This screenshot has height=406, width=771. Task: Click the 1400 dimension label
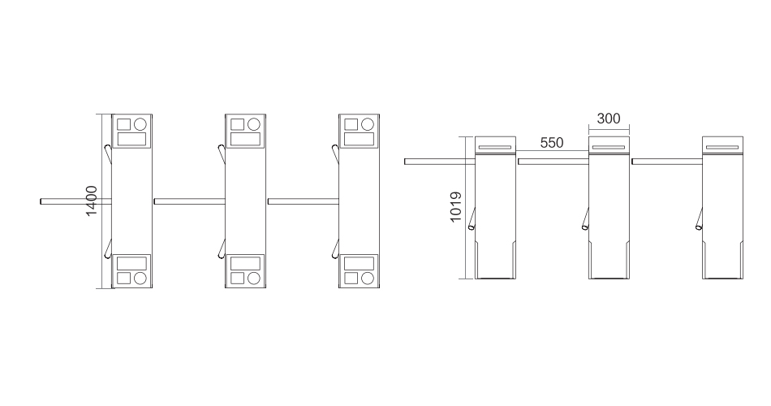[92, 201]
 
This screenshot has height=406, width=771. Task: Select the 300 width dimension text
[609, 119]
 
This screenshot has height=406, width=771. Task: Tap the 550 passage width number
[552, 143]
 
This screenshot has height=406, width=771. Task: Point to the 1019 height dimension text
[456, 207]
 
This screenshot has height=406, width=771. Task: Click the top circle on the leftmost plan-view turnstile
[140, 124]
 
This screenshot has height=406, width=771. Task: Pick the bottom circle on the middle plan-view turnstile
[254, 279]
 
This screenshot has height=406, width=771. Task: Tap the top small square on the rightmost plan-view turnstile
[351, 124]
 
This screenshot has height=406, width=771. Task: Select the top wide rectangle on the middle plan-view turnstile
[245, 139]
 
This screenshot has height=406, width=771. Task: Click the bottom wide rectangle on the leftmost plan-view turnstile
[131, 263]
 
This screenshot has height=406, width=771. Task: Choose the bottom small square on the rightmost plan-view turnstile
[351, 279]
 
